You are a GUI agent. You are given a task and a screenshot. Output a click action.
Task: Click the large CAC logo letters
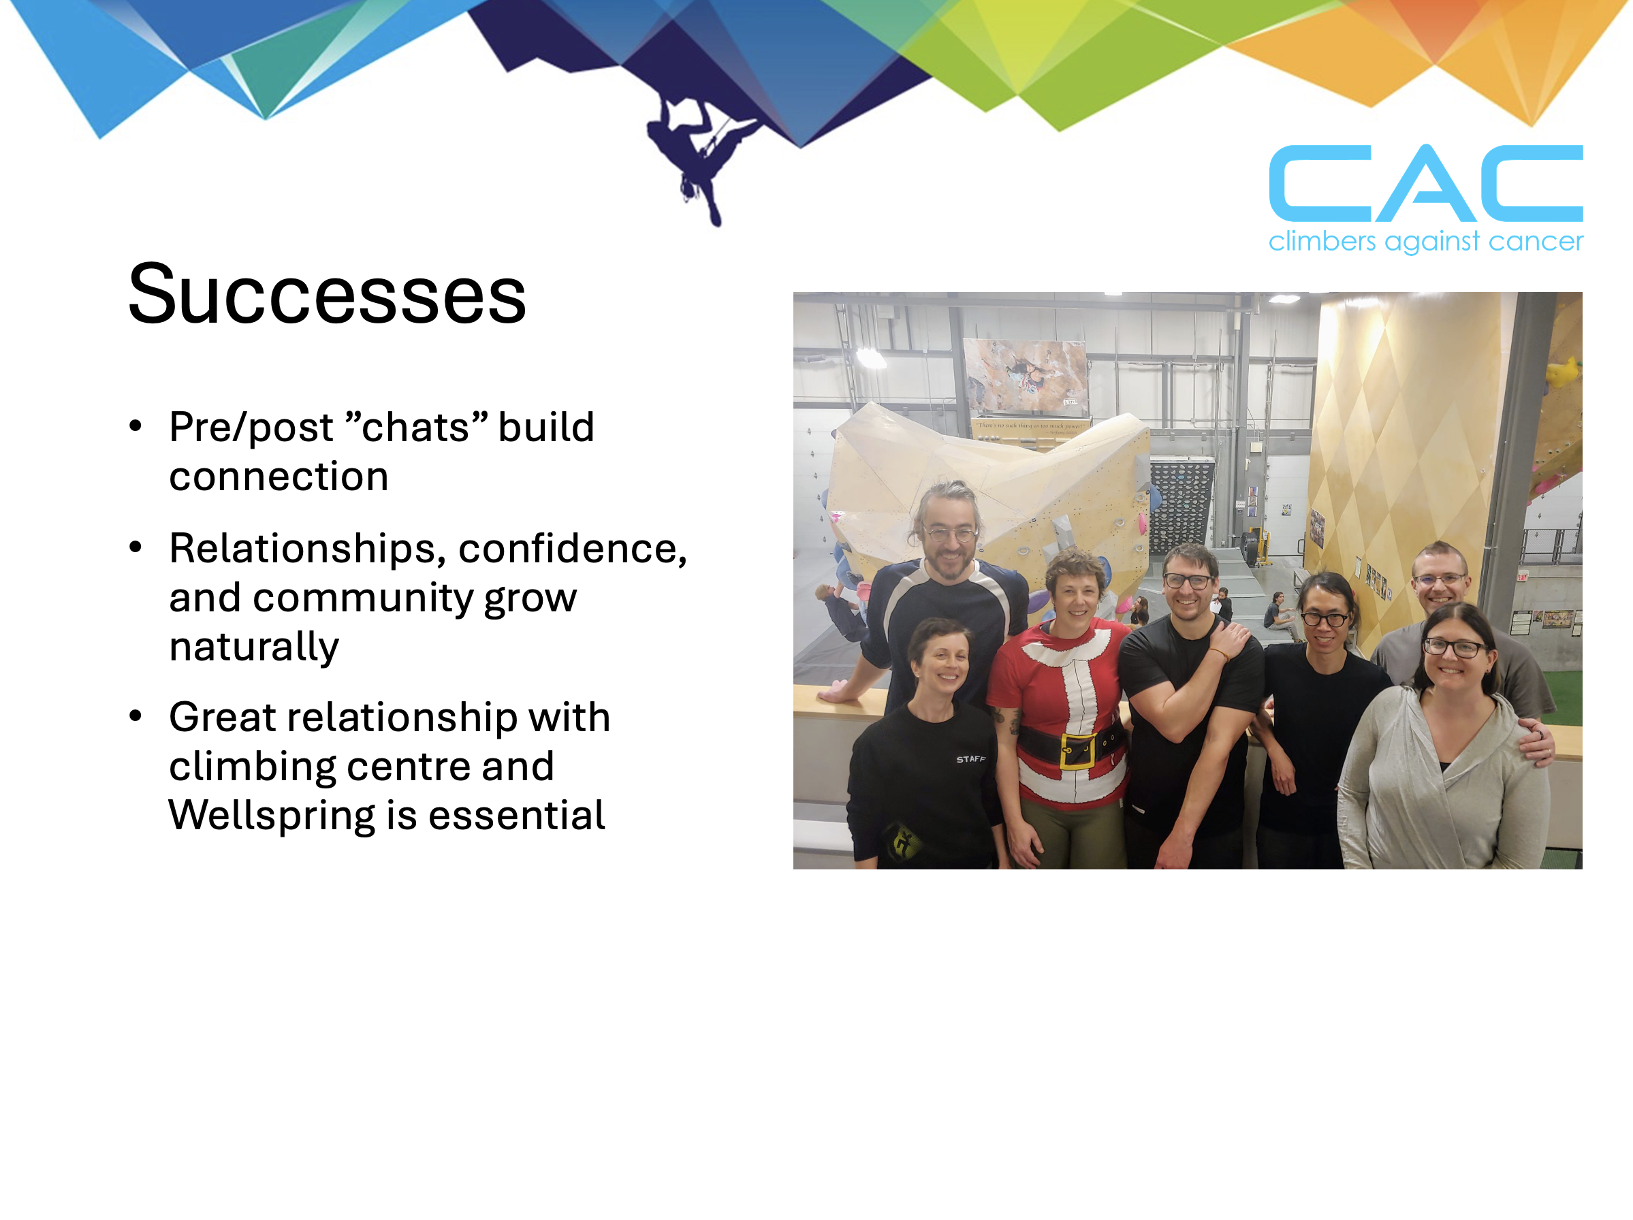(x=1425, y=184)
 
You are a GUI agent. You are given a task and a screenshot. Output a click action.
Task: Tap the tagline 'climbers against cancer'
(x=1425, y=241)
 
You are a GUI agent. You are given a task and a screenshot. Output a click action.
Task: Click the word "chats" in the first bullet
(x=416, y=428)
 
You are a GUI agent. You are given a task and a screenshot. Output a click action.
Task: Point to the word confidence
(x=573, y=549)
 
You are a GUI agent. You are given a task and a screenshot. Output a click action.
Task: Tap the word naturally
(x=254, y=647)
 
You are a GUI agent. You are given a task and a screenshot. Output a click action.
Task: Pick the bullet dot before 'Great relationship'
(x=135, y=716)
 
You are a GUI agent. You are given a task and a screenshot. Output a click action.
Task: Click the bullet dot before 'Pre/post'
(x=135, y=426)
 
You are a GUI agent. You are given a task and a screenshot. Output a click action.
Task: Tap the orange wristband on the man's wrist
(x=1219, y=653)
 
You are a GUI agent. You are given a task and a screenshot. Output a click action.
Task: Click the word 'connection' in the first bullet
(x=279, y=477)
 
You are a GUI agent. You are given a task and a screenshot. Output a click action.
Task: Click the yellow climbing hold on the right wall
(x=1564, y=371)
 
